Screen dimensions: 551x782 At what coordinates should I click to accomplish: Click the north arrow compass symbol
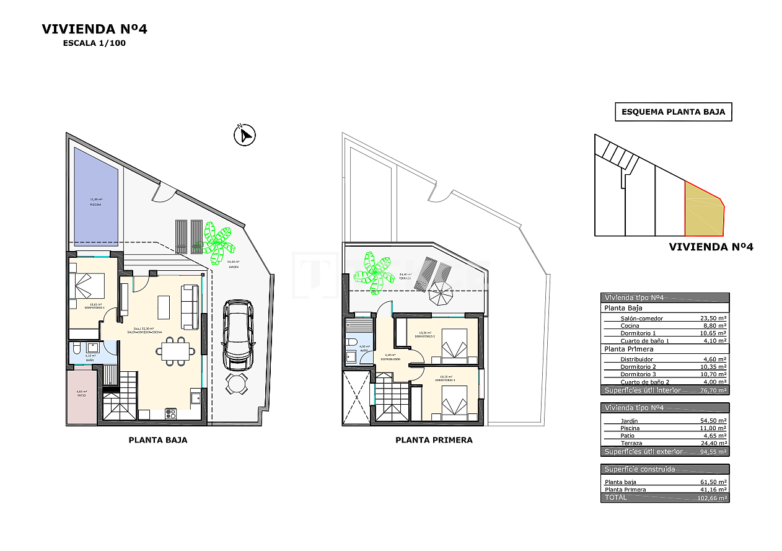[x=245, y=135]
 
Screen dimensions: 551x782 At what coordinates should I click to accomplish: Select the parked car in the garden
[x=238, y=335]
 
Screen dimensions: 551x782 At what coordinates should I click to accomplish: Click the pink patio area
[x=82, y=396]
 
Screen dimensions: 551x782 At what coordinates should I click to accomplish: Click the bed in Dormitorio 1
[x=89, y=286]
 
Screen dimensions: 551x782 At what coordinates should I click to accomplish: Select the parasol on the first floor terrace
[x=441, y=293]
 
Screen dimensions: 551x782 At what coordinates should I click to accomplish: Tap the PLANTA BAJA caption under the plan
[x=157, y=440]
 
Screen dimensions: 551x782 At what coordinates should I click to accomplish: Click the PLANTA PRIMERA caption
[x=434, y=440]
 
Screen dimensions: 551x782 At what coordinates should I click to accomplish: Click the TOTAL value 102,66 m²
[x=711, y=498]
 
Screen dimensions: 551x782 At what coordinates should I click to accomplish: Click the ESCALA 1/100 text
[x=94, y=43]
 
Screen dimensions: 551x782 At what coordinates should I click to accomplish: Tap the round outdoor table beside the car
[x=236, y=384]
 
